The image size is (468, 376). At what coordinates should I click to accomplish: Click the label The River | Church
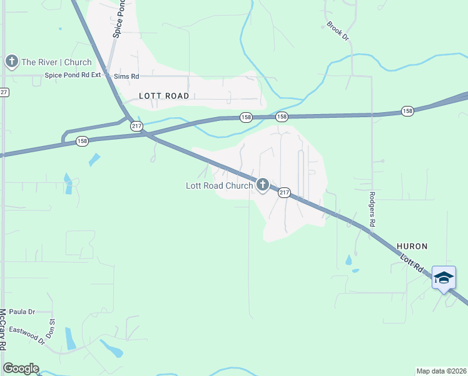(56, 62)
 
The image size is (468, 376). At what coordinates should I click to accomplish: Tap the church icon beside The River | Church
(11, 61)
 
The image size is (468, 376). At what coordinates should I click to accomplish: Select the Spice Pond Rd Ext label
(73, 76)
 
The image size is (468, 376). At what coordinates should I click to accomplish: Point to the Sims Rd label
(126, 76)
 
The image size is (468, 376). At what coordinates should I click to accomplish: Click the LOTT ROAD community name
(164, 96)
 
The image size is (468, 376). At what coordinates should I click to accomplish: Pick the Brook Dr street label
(337, 31)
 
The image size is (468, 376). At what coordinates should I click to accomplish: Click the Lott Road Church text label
(219, 185)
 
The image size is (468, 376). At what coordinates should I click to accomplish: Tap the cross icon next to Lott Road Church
(262, 185)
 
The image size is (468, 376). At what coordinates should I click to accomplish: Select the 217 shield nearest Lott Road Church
(283, 192)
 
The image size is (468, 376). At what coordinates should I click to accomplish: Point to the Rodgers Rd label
(371, 209)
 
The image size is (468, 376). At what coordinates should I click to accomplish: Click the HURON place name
(411, 247)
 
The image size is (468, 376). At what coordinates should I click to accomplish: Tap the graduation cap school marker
(444, 278)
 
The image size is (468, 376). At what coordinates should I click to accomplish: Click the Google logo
(21, 368)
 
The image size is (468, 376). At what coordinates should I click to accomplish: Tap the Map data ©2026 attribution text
(440, 371)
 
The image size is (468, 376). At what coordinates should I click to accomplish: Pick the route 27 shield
(4, 92)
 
